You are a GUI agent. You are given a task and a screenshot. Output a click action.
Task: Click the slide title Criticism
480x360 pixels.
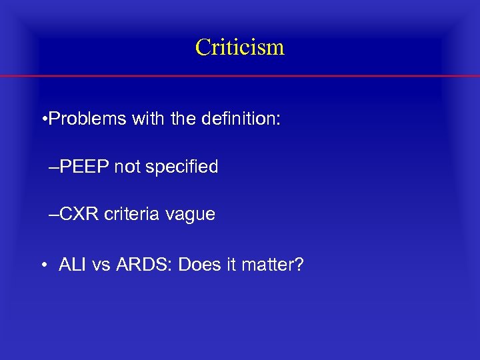[240, 47]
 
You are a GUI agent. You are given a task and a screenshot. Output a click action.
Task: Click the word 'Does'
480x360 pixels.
[201, 265]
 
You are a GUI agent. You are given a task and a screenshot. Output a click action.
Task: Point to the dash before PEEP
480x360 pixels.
[53, 167]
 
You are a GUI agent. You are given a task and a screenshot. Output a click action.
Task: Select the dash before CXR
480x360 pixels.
[53, 215]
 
